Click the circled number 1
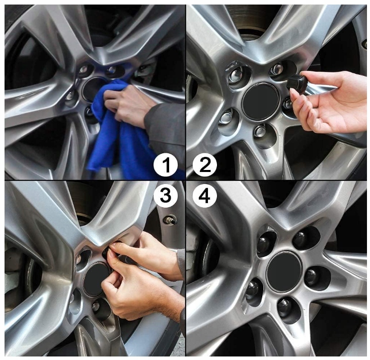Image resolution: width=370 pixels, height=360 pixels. point(166,165)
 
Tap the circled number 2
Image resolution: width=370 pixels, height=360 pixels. point(204,165)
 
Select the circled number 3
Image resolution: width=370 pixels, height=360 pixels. point(166,197)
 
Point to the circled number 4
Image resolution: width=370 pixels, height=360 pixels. point(204,197)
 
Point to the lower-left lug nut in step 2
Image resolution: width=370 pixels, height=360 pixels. point(226,118)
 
